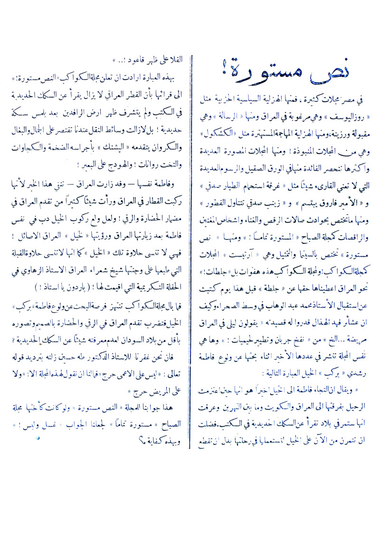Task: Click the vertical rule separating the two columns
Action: click(190, 237)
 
